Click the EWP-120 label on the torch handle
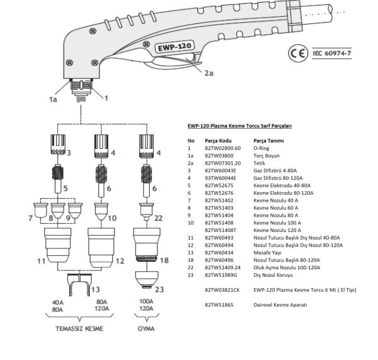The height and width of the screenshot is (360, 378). (174, 48)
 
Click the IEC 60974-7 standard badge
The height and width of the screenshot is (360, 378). (331, 54)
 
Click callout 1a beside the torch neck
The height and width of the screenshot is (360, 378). (53, 99)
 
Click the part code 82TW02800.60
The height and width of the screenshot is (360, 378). (223, 147)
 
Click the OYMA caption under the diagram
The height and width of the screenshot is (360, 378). (146, 328)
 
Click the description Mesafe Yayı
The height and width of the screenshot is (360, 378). (268, 252)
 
